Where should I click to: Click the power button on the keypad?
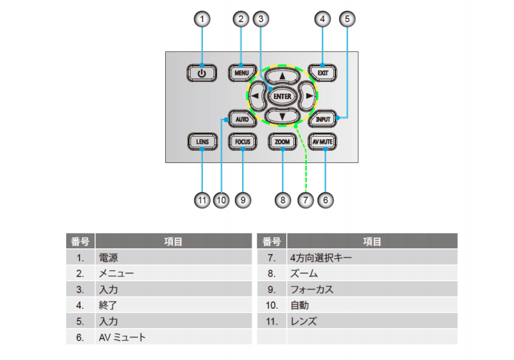pyautogui.click(x=202, y=73)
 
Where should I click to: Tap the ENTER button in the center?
pyautogui.click(x=283, y=95)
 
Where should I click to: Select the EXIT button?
pyautogui.click(x=323, y=73)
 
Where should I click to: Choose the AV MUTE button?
pyautogui.click(x=323, y=142)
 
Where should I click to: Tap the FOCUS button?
pyautogui.click(x=242, y=142)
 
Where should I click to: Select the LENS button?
pyautogui.click(x=202, y=142)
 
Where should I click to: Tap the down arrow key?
pyautogui.click(x=283, y=116)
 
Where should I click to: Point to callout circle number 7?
pyautogui.click(x=305, y=201)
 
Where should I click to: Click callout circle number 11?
pyautogui.click(x=202, y=201)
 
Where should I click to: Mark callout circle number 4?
pyautogui.click(x=323, y=19)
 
